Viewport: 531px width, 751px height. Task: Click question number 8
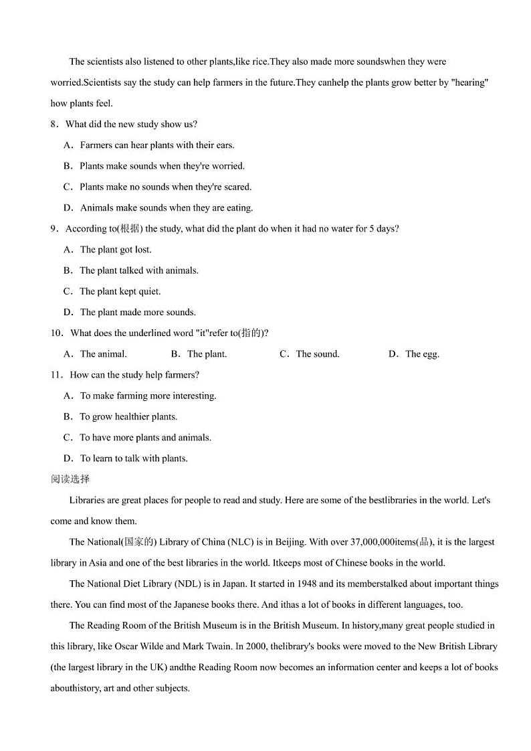[54, 124]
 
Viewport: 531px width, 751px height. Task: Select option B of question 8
[161, 166]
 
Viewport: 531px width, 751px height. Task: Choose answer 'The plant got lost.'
[115, 250]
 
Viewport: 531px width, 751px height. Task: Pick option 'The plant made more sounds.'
[137, 312]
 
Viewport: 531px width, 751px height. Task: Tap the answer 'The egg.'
[422, 354]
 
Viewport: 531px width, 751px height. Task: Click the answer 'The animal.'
[103, 354]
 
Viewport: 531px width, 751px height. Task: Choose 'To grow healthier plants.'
[128, 416]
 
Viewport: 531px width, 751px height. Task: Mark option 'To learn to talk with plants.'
[133, 458]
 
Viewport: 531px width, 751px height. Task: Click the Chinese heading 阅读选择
[70, 479]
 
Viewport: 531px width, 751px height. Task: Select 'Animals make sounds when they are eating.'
[166, 207]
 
